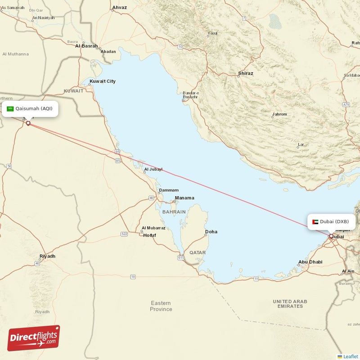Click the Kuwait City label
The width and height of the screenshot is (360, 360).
pyautogui.click(x=103, y=81)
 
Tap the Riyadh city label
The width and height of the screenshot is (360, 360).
pyautogui.click(x=47, y=256)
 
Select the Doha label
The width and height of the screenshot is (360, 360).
pyautogui.click(x=211, y=232)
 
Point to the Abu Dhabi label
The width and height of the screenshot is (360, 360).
pyautogui.click(x=310, y=262)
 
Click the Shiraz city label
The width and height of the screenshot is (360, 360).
pyautogui.click(x=246, y=73)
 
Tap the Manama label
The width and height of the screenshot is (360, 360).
pyautogui.click(x=184, y=198)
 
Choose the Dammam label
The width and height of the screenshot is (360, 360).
pyautogui.click(x=169, y=190)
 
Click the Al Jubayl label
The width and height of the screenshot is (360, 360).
pyautogui.click(x=153, y=170)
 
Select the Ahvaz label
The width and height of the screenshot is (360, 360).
pyautogui.click(x=119, y=8)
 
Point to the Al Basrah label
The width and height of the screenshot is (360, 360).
pyautogui.click(x=86, y=45)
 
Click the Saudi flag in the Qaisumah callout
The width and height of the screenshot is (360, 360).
pyautogui.click(x=10, y=108)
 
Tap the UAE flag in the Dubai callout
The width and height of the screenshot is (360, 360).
pyautogui.click(x=315, y=221)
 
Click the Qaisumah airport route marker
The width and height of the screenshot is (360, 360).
pyautogui.click(x=28, y=123)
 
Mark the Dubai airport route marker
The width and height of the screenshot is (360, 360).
pyautogui.click(x=331, y=236)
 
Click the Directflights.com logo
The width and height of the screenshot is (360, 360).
pyautogui.click(x=34, y=338)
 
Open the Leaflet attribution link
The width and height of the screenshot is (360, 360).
pyautogui.click(x=351, y=356)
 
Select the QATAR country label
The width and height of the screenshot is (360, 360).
pyautogui.click(x=198, y=252)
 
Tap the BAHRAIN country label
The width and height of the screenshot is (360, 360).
pyautogui.click(x=174, y=211)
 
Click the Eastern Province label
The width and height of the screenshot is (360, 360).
pyautogui.click(x=161, y=306)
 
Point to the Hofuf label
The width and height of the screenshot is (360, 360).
pyautogui.click(x=149, y=235)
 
